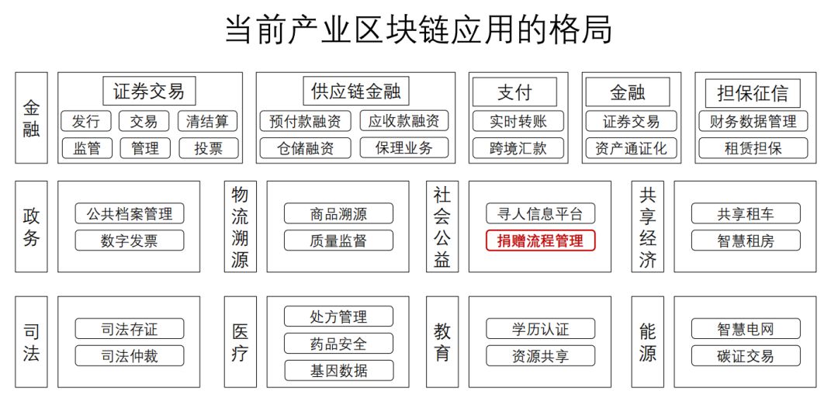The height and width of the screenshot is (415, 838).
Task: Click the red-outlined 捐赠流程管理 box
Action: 540,240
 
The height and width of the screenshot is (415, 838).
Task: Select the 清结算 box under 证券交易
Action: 207,121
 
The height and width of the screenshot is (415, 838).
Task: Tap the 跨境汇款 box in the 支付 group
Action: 518,148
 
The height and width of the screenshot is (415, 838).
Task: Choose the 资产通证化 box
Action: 631,148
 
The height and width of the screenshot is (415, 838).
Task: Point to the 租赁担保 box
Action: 753,148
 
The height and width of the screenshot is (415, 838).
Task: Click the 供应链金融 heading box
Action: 356,92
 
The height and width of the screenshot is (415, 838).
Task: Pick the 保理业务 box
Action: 404,147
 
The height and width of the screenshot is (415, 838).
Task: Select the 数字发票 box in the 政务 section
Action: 130,240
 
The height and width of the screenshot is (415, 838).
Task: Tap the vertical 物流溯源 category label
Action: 240,227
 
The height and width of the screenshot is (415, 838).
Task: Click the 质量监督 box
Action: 338,240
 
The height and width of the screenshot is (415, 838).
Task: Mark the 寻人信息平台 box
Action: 540,213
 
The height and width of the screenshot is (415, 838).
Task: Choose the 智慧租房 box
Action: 746,240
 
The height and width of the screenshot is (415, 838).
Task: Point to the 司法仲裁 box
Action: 130,356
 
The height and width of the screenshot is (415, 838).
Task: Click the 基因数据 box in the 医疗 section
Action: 338,370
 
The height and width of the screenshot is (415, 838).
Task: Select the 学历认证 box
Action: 540,328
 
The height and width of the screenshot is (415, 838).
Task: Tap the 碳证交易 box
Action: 746,356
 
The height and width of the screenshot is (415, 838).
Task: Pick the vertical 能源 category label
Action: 647,342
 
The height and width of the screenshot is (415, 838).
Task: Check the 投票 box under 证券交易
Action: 209,148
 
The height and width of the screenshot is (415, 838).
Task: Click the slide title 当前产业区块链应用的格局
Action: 418,30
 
